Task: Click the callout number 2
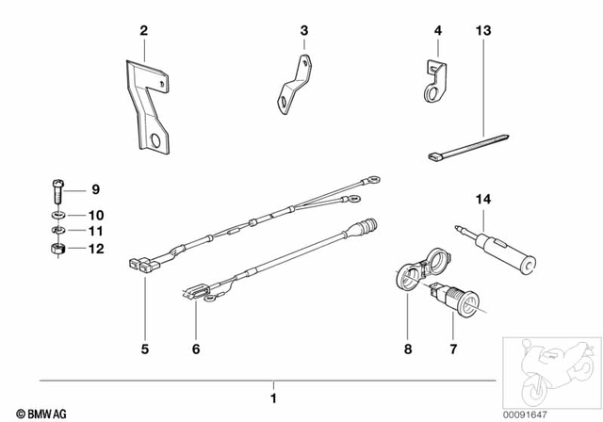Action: [143, 32]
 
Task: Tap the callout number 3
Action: [303, 32]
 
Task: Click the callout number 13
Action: [483, 32]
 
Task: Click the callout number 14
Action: [483, 200]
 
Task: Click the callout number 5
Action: [145, 349]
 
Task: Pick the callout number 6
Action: [196, 349]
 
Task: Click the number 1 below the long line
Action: [274, 387]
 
